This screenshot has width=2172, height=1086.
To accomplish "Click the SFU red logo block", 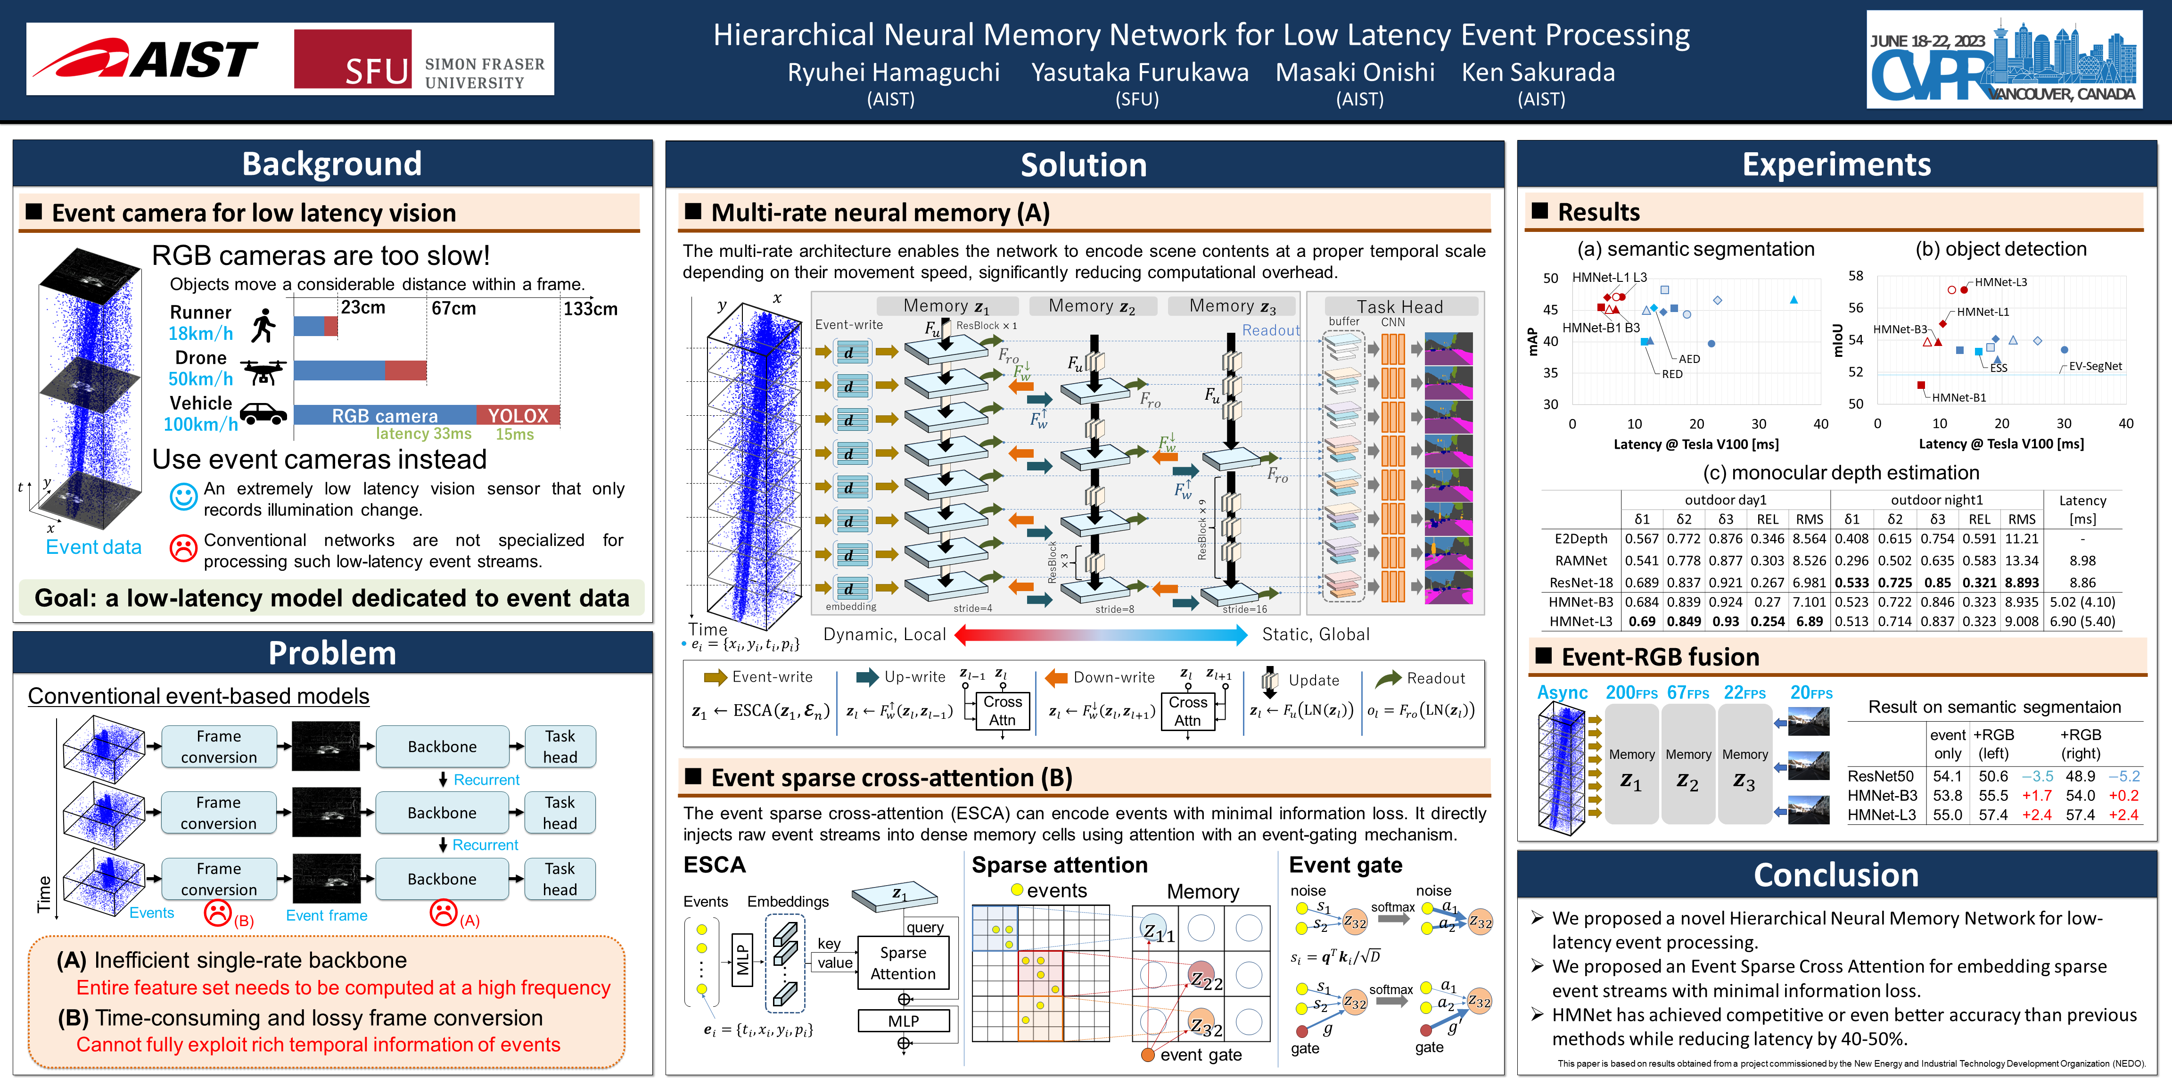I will pyautogui.click(x=353, y=59).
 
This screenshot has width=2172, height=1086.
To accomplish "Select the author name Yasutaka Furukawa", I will pyautogui.click(x=1139, y=73).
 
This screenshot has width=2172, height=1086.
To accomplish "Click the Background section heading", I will pyautogui.click(x=331, y=164).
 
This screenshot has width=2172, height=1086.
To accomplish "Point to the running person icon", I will pyautogui.click(x=264, y=325).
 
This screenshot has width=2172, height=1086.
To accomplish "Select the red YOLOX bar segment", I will pyautogui.click(x=518, y=415).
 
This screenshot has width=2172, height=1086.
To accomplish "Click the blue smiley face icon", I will pyautogui.click(x=183, y=497).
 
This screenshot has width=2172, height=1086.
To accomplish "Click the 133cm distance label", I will pyautogui.click(x=590, y=309).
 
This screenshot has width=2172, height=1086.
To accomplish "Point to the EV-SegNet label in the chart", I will pyautogui.click(x=2095, y=366).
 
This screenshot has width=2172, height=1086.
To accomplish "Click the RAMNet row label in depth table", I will pyautogui.click(x=1581, y=561).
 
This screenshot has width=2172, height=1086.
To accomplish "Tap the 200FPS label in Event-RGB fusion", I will pyautogui.click(x=1631, y=693).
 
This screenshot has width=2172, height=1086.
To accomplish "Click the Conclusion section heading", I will pyautogui.click(x=1835, y=875).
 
